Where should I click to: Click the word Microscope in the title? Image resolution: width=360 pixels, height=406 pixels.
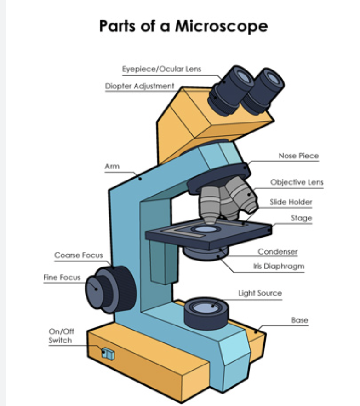[221, 26]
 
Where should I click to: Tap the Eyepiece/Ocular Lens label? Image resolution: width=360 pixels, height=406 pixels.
[161, 69]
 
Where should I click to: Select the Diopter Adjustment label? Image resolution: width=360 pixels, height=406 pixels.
[140, 86]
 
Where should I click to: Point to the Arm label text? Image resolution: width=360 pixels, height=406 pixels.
[112, 166]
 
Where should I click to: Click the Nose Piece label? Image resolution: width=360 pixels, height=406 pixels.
[298, 156]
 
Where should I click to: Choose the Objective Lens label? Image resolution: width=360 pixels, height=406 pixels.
[297, 182]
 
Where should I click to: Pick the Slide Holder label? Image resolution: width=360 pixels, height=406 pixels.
[291, 202]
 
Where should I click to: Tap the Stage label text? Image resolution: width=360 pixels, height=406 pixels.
[301, 218]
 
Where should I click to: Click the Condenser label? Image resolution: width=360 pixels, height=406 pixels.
[277, 252]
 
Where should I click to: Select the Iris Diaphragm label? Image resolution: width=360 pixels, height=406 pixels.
[278, 266]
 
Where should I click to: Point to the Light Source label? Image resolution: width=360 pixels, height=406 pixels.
[260, 293]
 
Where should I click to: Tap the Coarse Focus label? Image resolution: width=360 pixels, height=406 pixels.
[79, 255]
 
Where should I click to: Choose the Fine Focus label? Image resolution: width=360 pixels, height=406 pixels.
[62, 278]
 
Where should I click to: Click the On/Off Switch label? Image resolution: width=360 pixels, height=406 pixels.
[61, 336]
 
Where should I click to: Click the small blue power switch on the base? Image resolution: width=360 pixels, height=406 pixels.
[108, 354]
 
